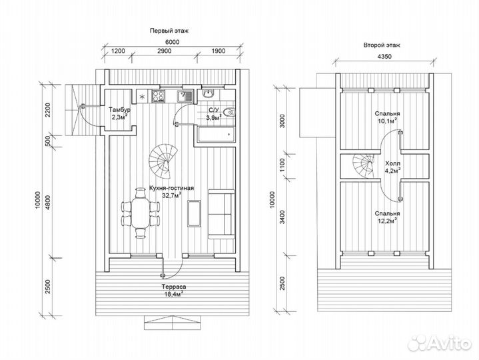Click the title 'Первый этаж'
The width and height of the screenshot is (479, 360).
point(169,31)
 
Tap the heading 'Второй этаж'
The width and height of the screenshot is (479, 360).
point(382,45)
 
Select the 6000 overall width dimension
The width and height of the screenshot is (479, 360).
point(173,42)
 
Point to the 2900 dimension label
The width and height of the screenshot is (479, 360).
point(165,51)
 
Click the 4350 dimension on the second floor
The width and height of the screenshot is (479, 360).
point(384,57)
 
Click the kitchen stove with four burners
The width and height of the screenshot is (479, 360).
point(159,96)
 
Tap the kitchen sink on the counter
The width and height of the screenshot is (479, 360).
point(185,96)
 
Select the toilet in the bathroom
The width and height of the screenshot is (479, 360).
point(229,112)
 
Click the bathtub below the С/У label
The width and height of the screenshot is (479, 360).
point(216,135)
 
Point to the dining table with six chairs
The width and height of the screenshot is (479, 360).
point(140,213)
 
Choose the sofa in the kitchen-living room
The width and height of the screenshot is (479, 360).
point(221,214)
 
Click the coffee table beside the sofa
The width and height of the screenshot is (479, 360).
point(194,213)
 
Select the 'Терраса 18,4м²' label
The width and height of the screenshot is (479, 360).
point(173,290)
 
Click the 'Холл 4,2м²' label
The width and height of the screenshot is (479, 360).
point(392,167)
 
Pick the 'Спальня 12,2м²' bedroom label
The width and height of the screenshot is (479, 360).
point(387,217)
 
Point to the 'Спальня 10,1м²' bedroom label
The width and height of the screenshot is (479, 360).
point(387,117)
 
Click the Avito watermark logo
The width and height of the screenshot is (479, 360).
point(440,343)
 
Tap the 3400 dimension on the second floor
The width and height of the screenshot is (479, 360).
point(282,217)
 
